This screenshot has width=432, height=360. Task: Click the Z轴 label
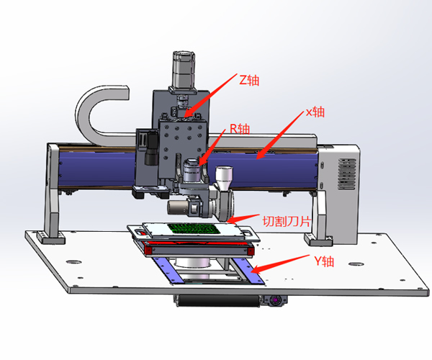point(249,80)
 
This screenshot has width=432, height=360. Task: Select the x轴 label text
point(315,112)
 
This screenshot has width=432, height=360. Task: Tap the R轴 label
point(240,129)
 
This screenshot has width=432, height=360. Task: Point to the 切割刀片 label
point(287,221)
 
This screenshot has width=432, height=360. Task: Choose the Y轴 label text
point(324,261)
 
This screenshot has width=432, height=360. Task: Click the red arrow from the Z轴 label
point(210,95)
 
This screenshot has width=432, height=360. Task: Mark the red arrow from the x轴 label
point(279,135)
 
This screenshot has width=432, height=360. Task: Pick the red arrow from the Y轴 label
point(280,264)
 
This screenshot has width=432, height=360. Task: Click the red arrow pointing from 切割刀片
point(243,218)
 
